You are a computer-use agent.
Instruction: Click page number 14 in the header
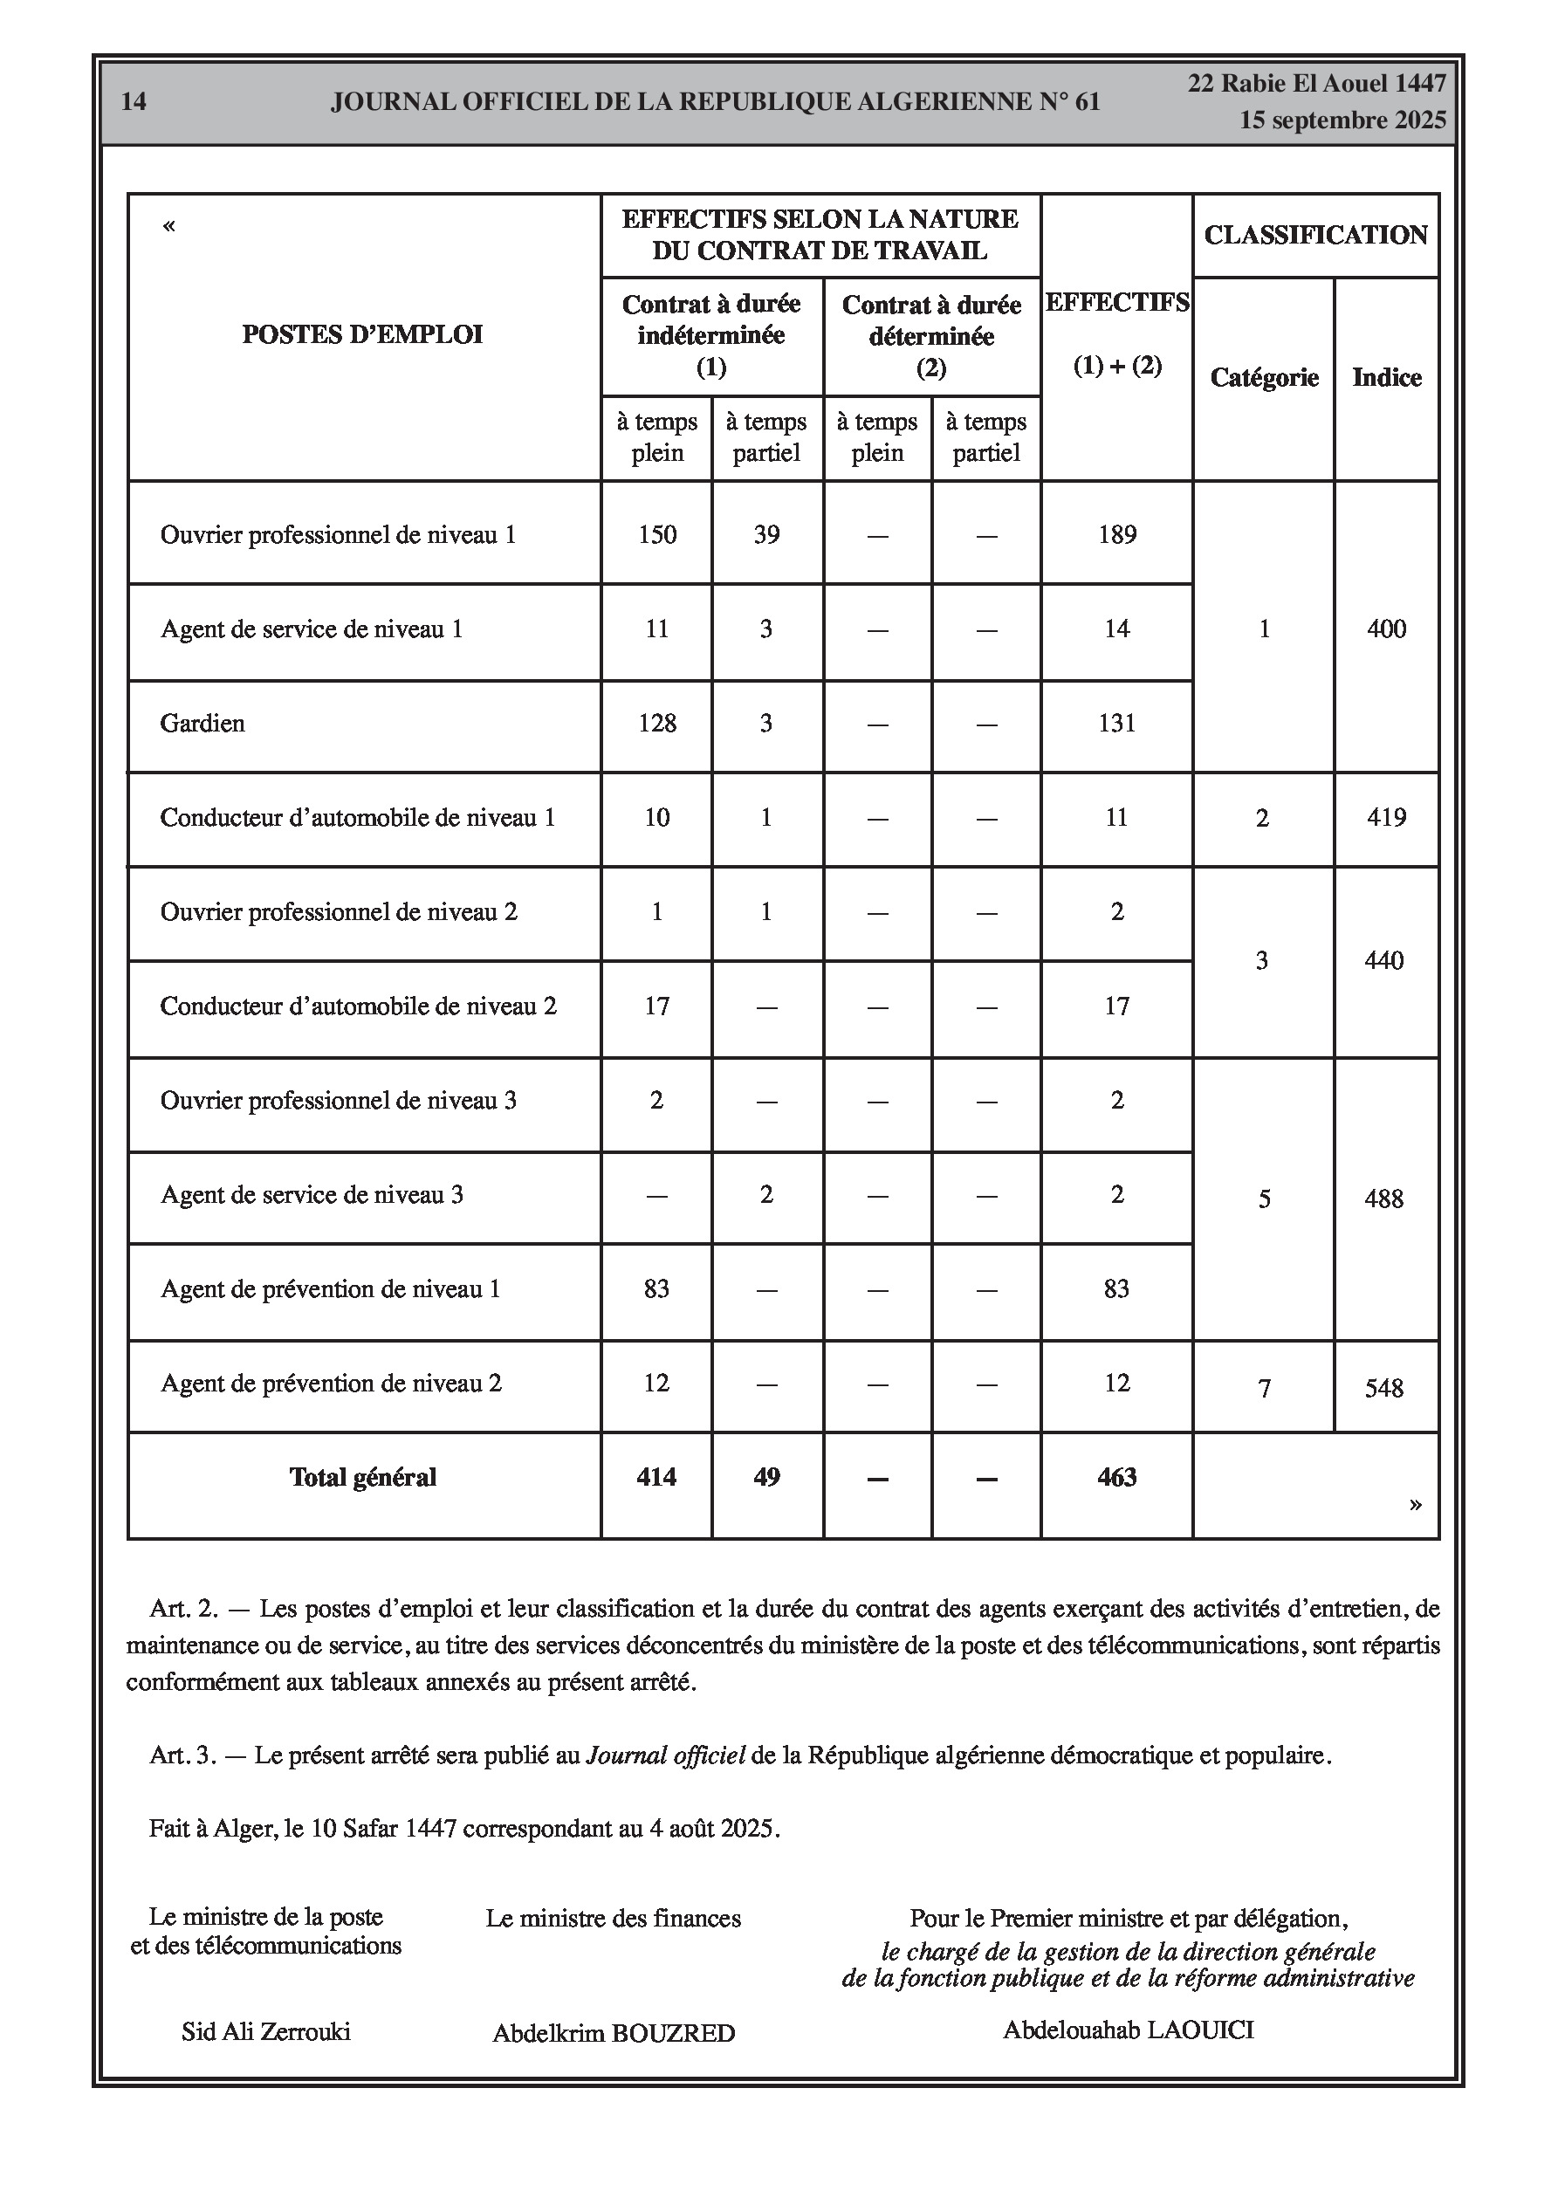[x=134, y=102]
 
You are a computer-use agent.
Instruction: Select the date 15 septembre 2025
[x=1342, y=120]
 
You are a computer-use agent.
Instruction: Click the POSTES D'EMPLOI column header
[x=362, y=334]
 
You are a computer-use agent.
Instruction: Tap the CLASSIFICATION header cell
[x=1315, y=236]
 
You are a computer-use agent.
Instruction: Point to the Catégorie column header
[x=1263, y=377]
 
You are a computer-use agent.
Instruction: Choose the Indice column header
[x=1386, y=377]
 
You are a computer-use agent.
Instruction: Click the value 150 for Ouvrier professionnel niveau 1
[x=657, y=535]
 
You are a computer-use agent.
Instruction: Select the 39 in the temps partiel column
[x=766, y=535]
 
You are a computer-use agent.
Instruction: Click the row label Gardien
[x=202, y=723]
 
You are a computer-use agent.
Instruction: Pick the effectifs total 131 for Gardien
[x=1117, y=723]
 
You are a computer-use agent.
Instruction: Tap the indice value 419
[x=1386, y=817]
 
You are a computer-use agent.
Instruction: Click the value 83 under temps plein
[x=657, y=1288]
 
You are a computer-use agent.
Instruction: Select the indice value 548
[x=1384, y=1388]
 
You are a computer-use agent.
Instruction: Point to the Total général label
[x=363, y=1477]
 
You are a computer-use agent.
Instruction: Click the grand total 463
[x=1117, y=1477]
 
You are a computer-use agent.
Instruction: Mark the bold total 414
[x=657, y=1477]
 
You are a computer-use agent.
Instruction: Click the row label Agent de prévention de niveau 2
[x=332, y=1383]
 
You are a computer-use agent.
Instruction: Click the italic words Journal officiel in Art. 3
[x=666, y=1755]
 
